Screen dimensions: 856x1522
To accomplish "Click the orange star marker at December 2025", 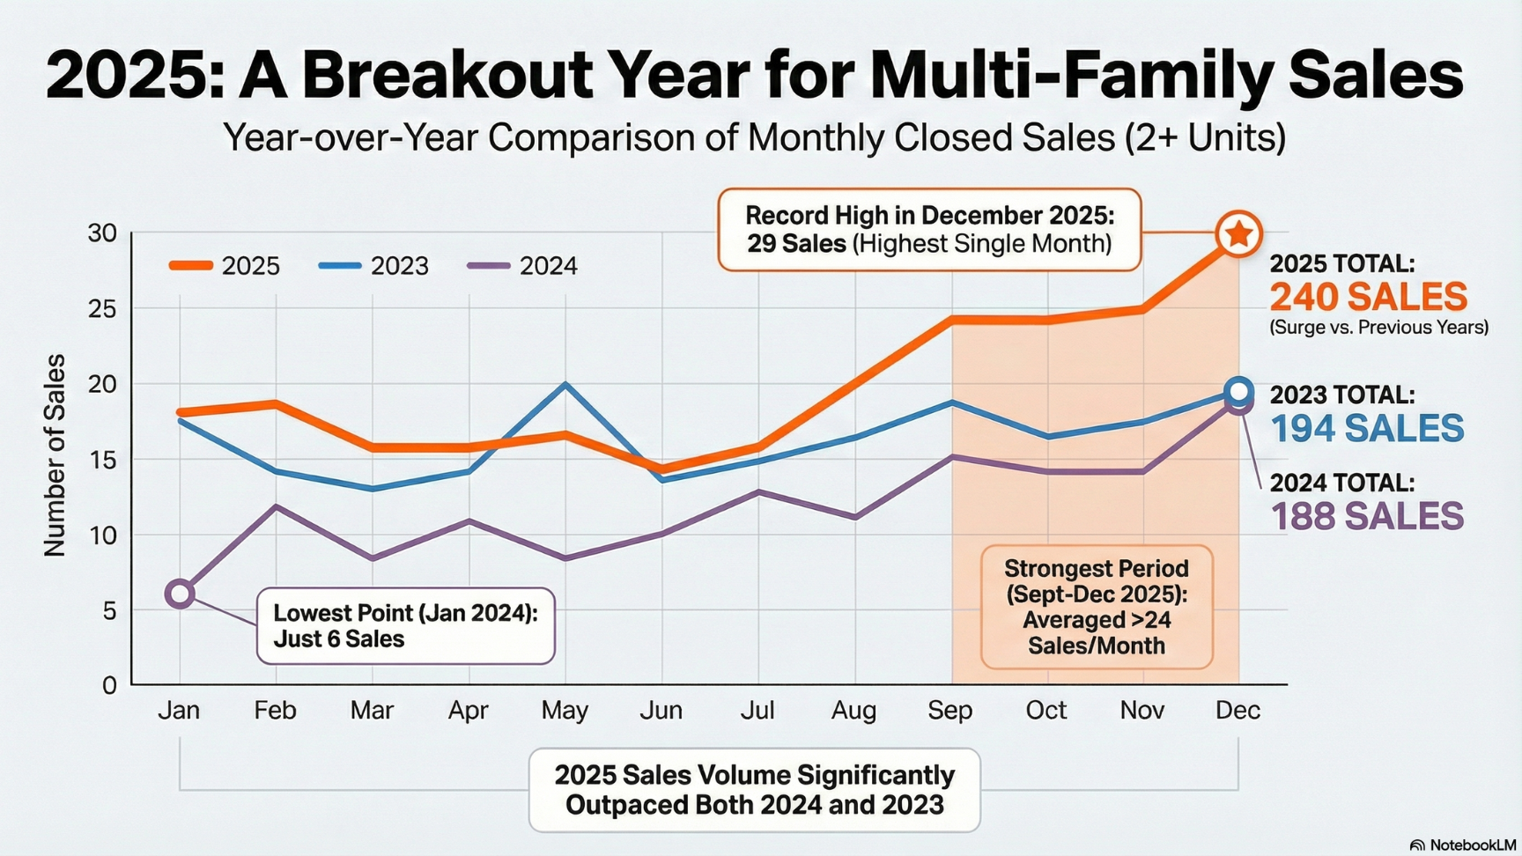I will point(1238,234).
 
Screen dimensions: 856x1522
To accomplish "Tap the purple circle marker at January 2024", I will point(180,594).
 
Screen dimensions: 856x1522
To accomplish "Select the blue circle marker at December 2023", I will point(1238,390).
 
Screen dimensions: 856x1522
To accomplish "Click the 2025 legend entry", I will point(225,266).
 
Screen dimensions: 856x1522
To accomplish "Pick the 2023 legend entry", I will point(373,266).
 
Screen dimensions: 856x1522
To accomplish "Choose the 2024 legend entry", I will point(522,266).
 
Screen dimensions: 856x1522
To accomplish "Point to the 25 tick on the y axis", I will point(102,309).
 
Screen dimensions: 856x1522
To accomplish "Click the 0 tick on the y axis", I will point(109,685).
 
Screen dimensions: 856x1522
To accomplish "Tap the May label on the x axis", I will point(565,710).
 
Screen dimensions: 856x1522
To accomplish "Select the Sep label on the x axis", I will point(950,710).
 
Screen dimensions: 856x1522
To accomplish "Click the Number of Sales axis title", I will point(55,455).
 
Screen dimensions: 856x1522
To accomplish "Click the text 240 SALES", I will point(1368,297).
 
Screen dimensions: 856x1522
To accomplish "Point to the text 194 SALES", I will point(1367,428).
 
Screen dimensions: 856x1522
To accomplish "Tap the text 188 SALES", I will point(1367,516).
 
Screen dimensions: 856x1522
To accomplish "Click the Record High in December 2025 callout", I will point(929,230).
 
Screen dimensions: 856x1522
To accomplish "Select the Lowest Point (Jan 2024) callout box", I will point(405,626).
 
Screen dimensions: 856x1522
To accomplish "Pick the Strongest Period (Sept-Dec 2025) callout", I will point(1097,607).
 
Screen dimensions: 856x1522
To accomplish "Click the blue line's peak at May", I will point(565,384).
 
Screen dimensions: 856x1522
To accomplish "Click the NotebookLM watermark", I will point(1464,845).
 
